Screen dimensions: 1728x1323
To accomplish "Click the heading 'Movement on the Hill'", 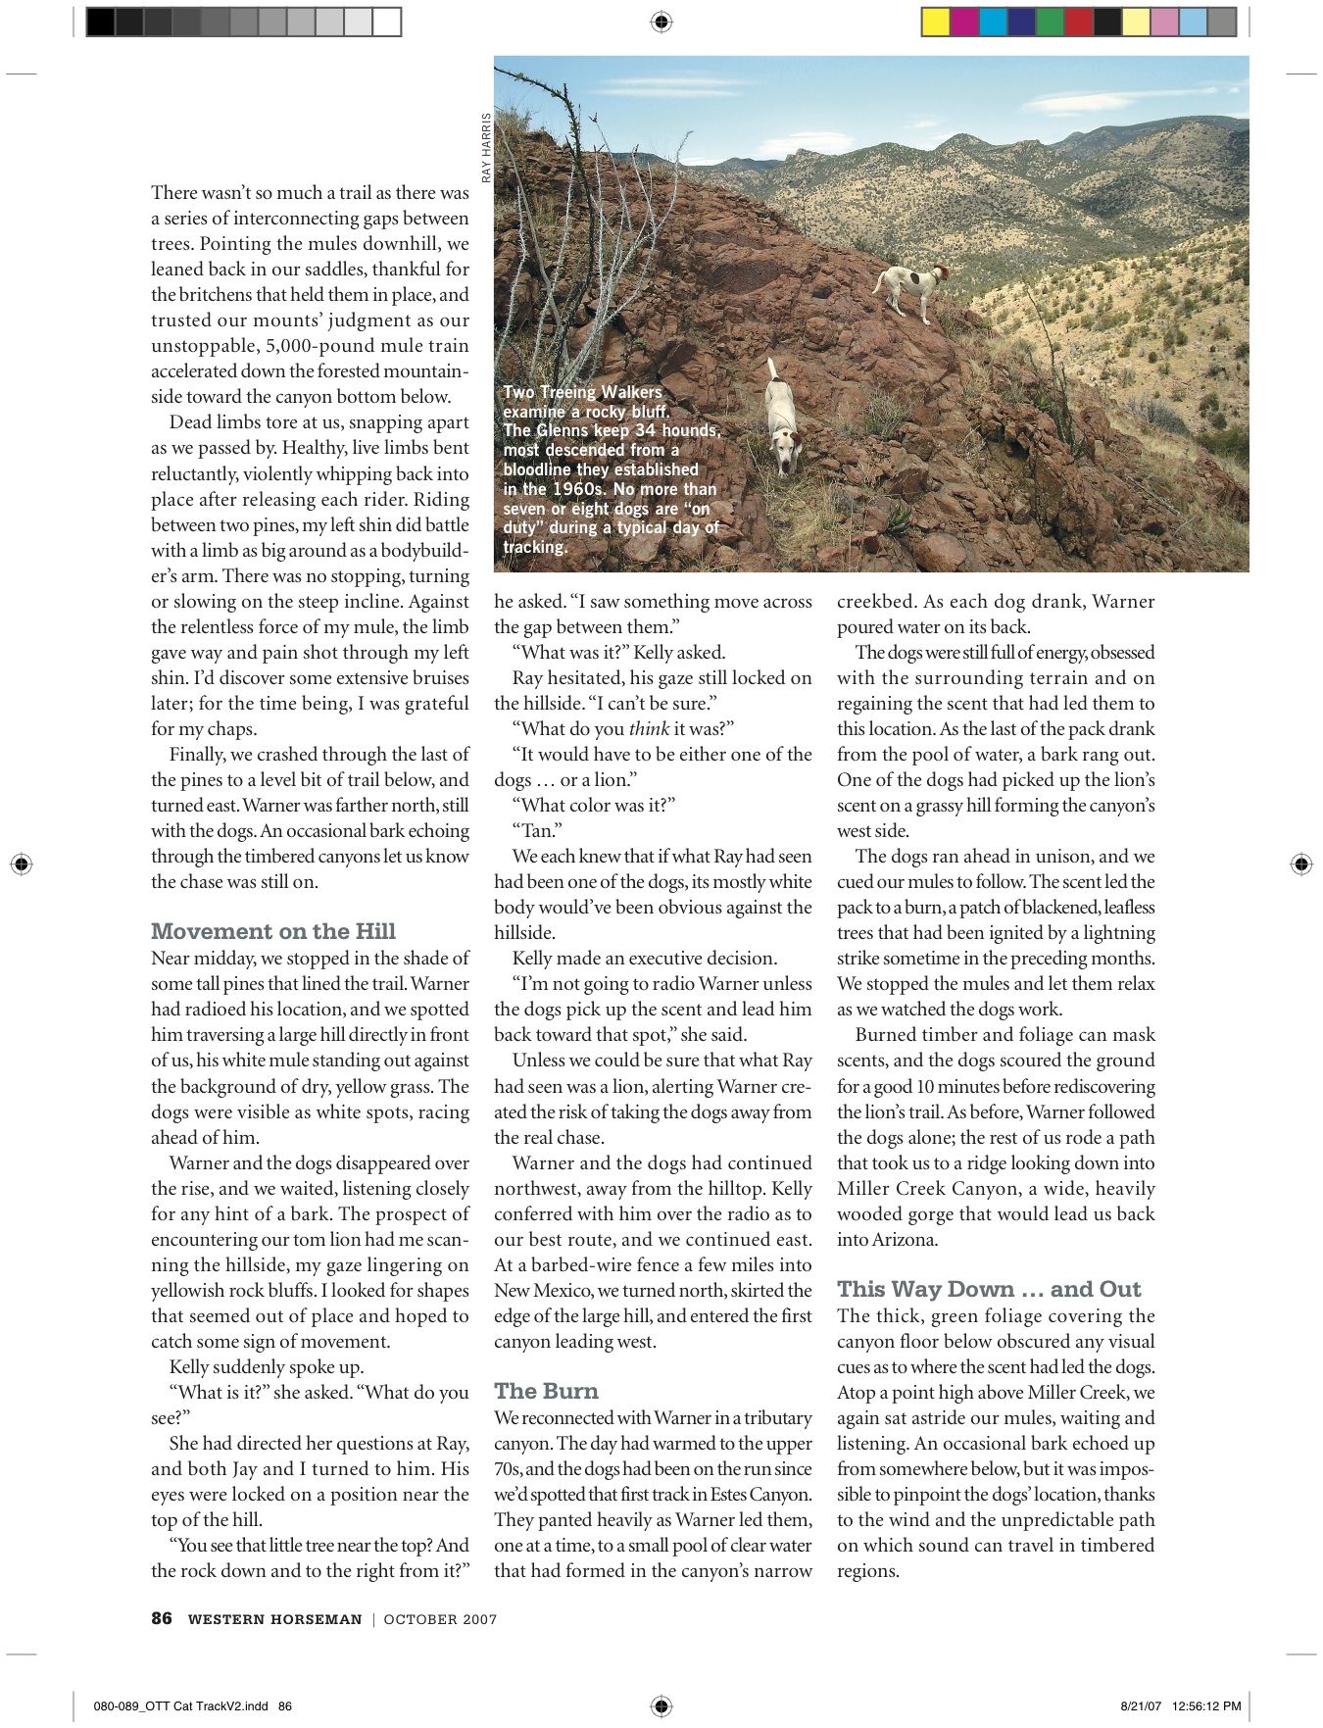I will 273,931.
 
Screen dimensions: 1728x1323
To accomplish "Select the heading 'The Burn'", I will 546,1391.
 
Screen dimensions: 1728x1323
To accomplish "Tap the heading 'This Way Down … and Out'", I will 989,1289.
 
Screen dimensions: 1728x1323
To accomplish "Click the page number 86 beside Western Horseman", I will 162,1618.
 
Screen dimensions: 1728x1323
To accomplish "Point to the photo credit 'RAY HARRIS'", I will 485,148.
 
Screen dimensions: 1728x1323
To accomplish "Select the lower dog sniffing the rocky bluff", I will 781,411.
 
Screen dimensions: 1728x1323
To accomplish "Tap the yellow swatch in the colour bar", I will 936,23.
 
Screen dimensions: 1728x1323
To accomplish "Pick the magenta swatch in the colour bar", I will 964,23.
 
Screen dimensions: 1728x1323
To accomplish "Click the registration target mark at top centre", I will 661,22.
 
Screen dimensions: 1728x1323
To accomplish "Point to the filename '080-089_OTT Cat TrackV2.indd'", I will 181,1706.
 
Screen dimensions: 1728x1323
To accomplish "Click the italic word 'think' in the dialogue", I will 649,728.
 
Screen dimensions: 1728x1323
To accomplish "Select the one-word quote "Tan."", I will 537,830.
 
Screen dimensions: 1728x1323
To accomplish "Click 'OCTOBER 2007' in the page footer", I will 440,1619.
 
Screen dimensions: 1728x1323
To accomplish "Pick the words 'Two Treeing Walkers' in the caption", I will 582,392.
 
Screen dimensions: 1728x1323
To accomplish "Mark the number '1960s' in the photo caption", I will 580,489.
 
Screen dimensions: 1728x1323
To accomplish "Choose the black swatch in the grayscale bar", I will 101,23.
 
